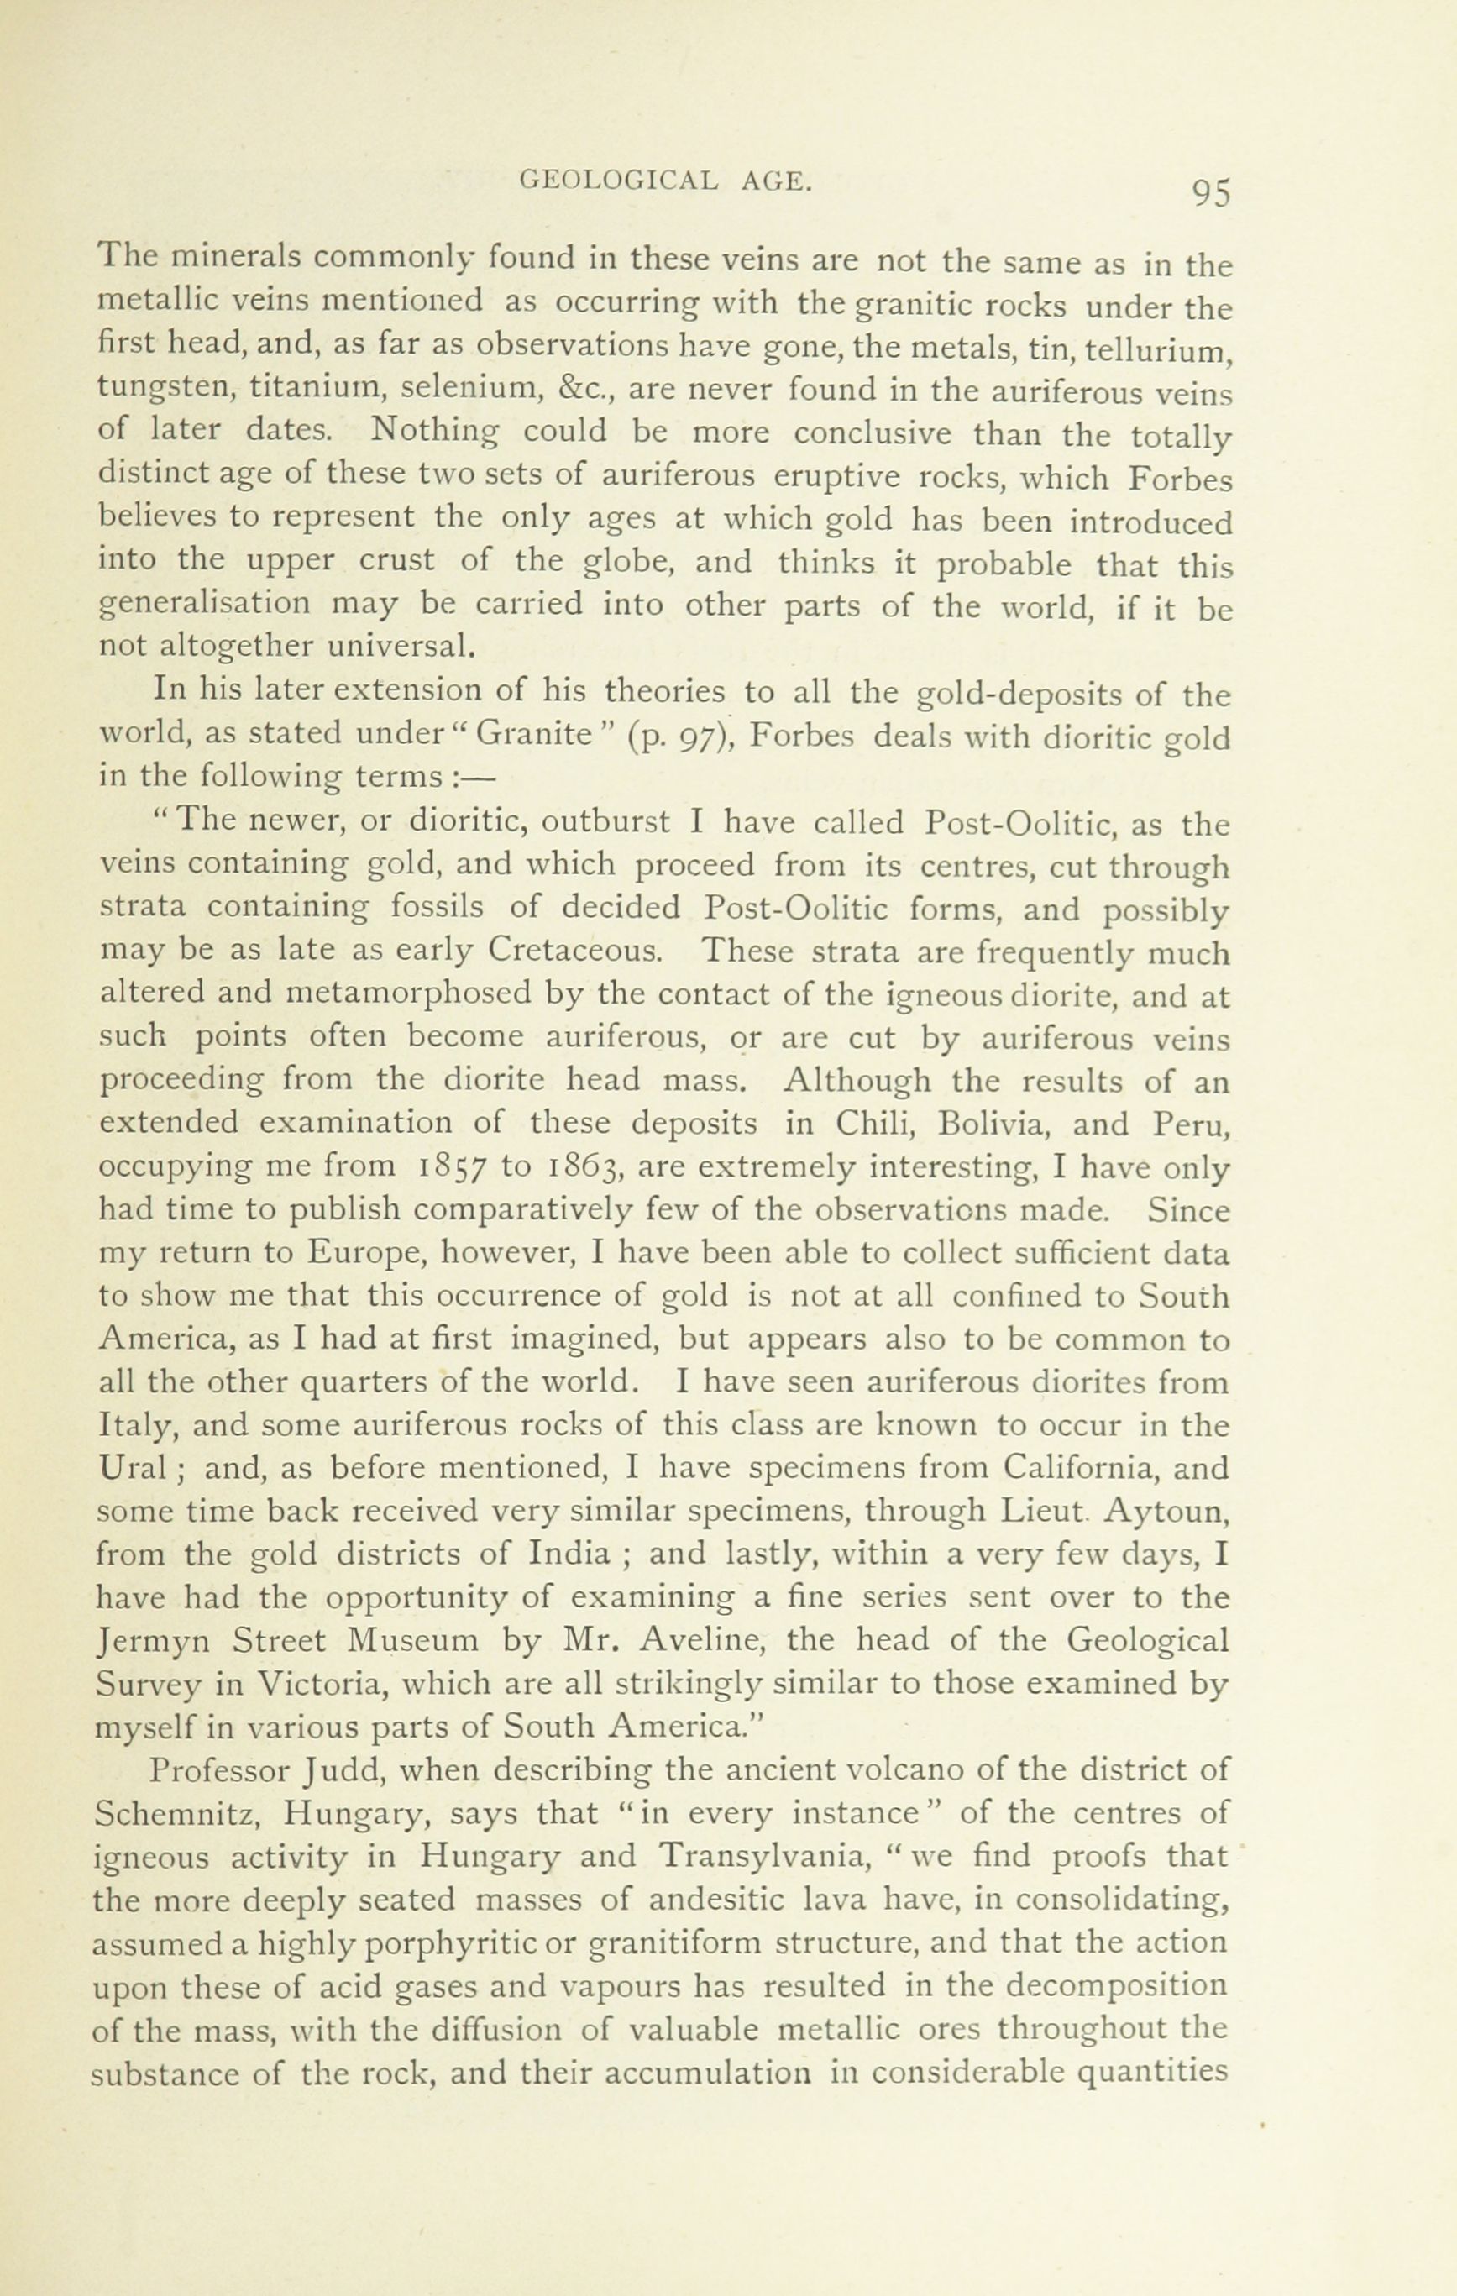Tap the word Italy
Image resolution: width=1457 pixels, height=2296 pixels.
click(134, 1428)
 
